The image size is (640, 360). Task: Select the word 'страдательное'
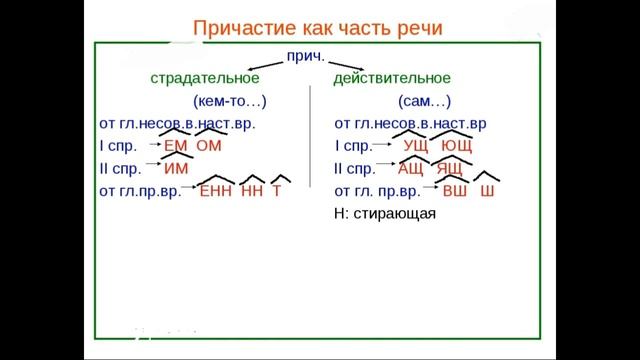coord(204,77)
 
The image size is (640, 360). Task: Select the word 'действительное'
coord(392,77)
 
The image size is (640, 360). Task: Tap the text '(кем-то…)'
coord(229,101)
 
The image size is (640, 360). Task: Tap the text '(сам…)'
coord(423,101)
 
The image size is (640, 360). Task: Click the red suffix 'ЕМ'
coord(175,146)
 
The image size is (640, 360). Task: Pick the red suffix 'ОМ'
coord(208,146)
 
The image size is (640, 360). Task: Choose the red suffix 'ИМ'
coord(175,168)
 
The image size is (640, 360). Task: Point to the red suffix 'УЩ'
coord(415,147)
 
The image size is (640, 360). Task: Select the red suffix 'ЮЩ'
coord(456,147)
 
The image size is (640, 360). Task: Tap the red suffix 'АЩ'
coord(411,168)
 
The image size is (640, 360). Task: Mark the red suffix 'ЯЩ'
coord(449,168)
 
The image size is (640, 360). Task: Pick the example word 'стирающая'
coord(403,213)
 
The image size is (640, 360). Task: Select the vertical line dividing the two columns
coord(310,150)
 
